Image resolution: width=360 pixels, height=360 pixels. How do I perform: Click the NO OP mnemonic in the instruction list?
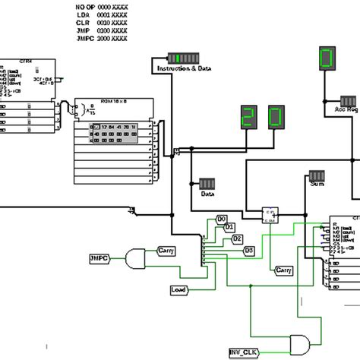coord(86,7)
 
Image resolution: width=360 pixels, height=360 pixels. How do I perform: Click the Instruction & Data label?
coord(183,68)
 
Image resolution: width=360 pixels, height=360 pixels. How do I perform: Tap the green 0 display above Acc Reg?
coord(327,60)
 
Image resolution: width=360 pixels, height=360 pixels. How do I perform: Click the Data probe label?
coord(207,194)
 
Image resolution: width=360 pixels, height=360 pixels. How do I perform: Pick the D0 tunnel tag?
coord(222,219)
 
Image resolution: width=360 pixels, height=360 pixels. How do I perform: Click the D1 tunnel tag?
coord(229,226)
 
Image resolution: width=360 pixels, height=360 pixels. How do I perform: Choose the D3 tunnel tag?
coord(248,250)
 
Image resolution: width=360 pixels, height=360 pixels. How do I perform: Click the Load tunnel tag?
coord(180,289)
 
